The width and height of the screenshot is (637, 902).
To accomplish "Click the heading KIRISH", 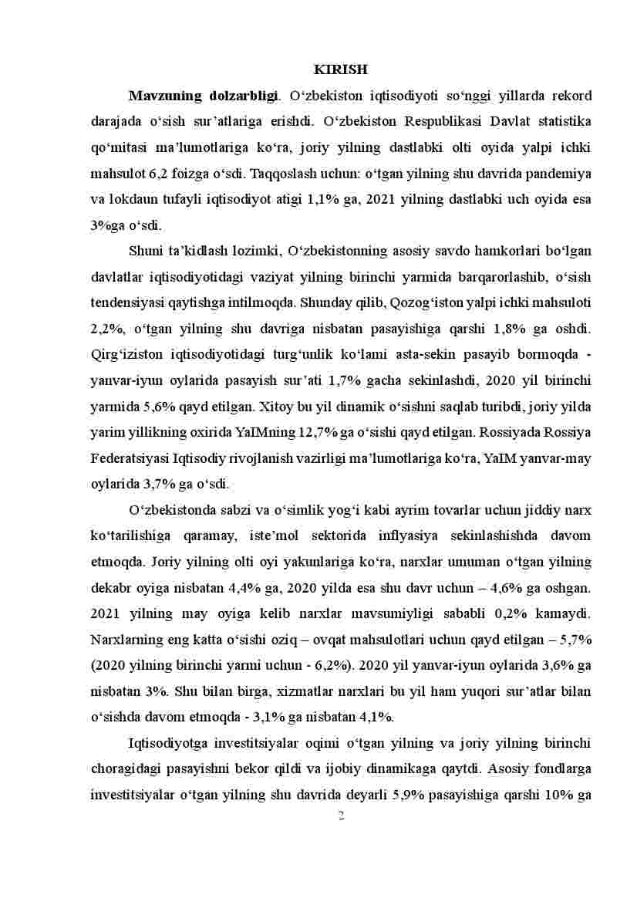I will [341, 69].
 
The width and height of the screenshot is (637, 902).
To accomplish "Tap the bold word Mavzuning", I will [164, 96].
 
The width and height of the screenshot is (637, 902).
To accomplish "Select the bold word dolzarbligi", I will [244, 96].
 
